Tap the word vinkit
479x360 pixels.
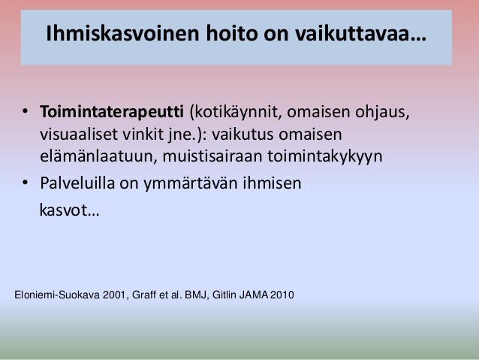pos(147,137)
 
